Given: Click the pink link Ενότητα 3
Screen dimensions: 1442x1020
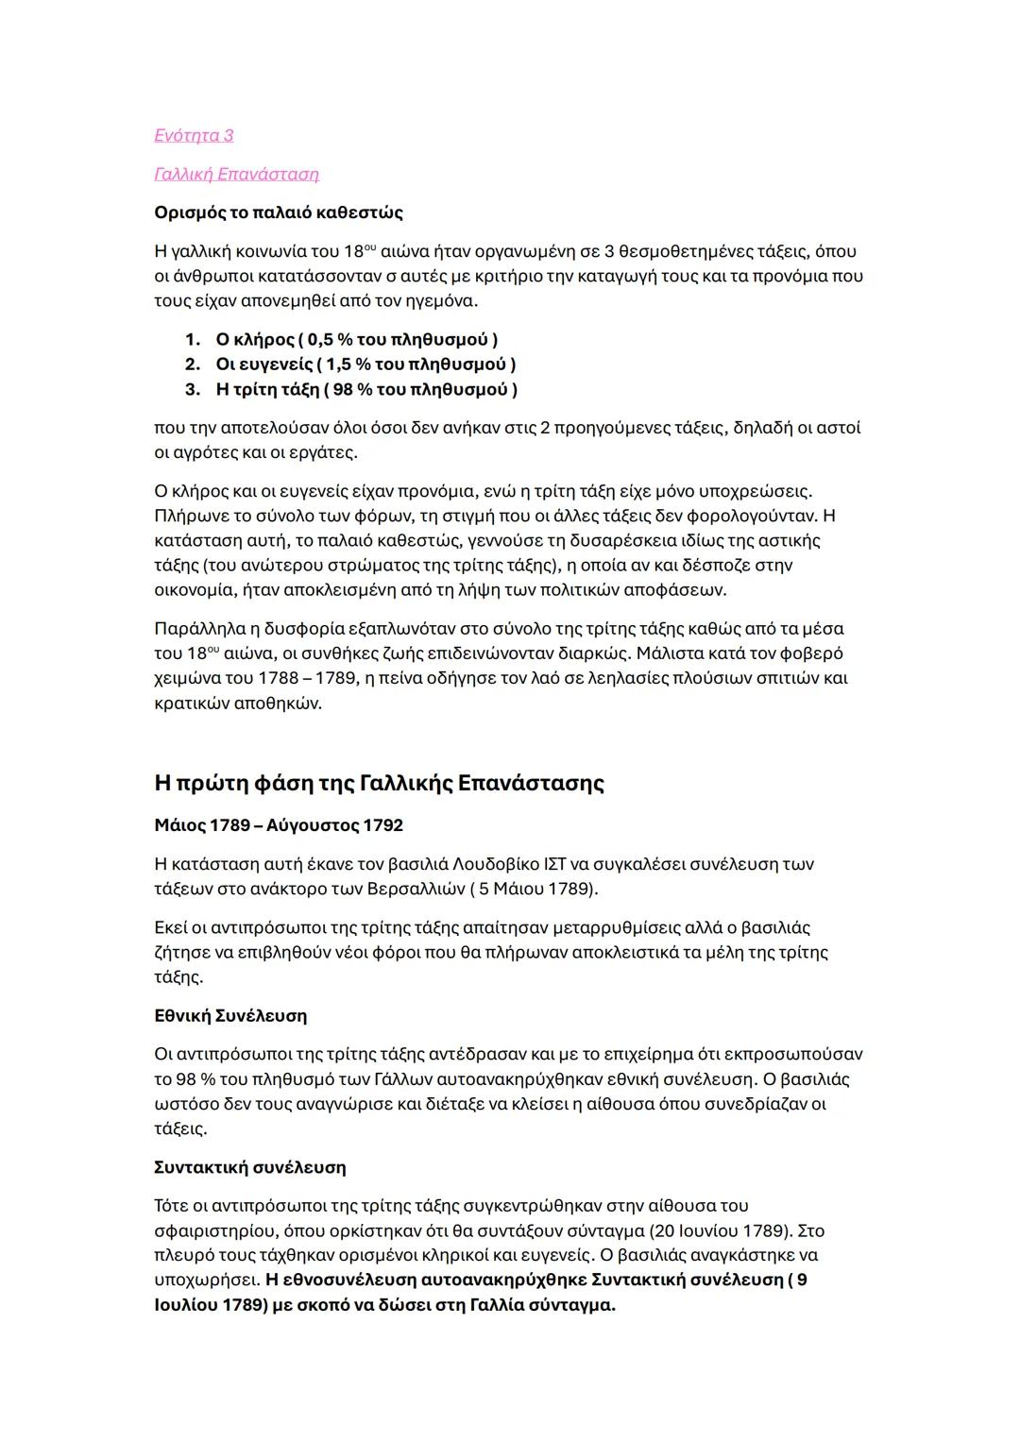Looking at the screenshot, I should tap(194, 136).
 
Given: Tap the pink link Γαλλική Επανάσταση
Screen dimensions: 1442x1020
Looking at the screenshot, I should tap(236, 175).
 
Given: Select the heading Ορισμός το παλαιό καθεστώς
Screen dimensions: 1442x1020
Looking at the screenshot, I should tap(279, 212).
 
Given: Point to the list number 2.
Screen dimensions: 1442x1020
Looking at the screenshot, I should tap(192, 365).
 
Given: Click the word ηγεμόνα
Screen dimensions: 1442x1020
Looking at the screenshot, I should tap(443, 302).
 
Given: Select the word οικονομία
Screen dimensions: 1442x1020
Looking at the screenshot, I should tap(194, 590).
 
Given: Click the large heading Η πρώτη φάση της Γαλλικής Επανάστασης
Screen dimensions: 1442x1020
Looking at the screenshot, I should tap(379, 784).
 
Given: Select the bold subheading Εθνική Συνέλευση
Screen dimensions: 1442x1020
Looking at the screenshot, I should tap(230, 1016).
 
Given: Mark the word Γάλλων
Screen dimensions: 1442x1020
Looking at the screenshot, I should tap(409, 1079).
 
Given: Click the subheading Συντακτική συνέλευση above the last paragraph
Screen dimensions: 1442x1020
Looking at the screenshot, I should tap(249, 1168).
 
